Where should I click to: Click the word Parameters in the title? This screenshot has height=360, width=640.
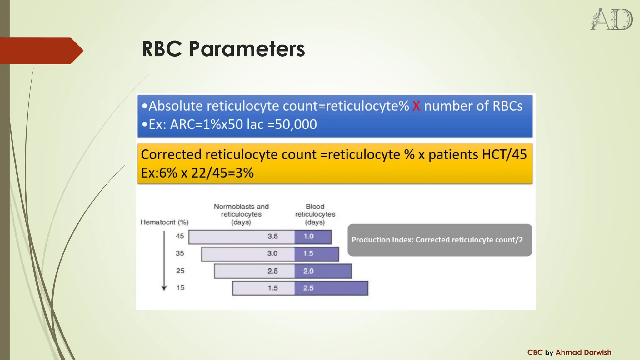pyautogui.click(x=247, y=49)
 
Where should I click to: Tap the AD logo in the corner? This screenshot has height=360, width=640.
pyautogui.click(x=611, y=19)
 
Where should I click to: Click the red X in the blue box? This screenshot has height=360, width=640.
pyautogui.click(x=416, y=106)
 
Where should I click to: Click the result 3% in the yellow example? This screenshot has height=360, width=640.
pyautogui.click(x=244, y=173)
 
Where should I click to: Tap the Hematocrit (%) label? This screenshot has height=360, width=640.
pyautogui.click(x=164, y=222)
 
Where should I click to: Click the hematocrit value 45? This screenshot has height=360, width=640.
pyautogui.click(x=180, y=236)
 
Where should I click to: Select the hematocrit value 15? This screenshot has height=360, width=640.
pyautogui.click(x=180, y=287)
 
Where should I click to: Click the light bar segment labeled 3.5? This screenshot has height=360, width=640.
pyautogui.click(x=242, y=237)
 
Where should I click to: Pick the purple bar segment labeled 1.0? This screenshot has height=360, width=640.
pyautogui.click(x=313, y=237)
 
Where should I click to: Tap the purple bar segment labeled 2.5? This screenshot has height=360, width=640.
pyautogui.click(x=331, y=288)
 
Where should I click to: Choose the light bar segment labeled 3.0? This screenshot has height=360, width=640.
pyautogui.click(x=248, y=254)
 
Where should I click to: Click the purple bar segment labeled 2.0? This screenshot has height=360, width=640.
pyautogui.click(x=323, y=271)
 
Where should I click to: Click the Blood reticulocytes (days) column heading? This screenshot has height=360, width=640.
pyautogui.click(x=315, y=214)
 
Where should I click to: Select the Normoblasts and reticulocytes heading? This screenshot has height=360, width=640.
pyautogui.click(x=241, y=214)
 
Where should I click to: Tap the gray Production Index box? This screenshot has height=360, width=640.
pyautogui.click(x=439, y=240)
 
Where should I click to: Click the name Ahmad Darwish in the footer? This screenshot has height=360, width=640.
pyautogui.click(x=583, y=352)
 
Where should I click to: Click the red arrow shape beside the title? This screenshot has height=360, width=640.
pyautogui.click(x=41, y=51)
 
